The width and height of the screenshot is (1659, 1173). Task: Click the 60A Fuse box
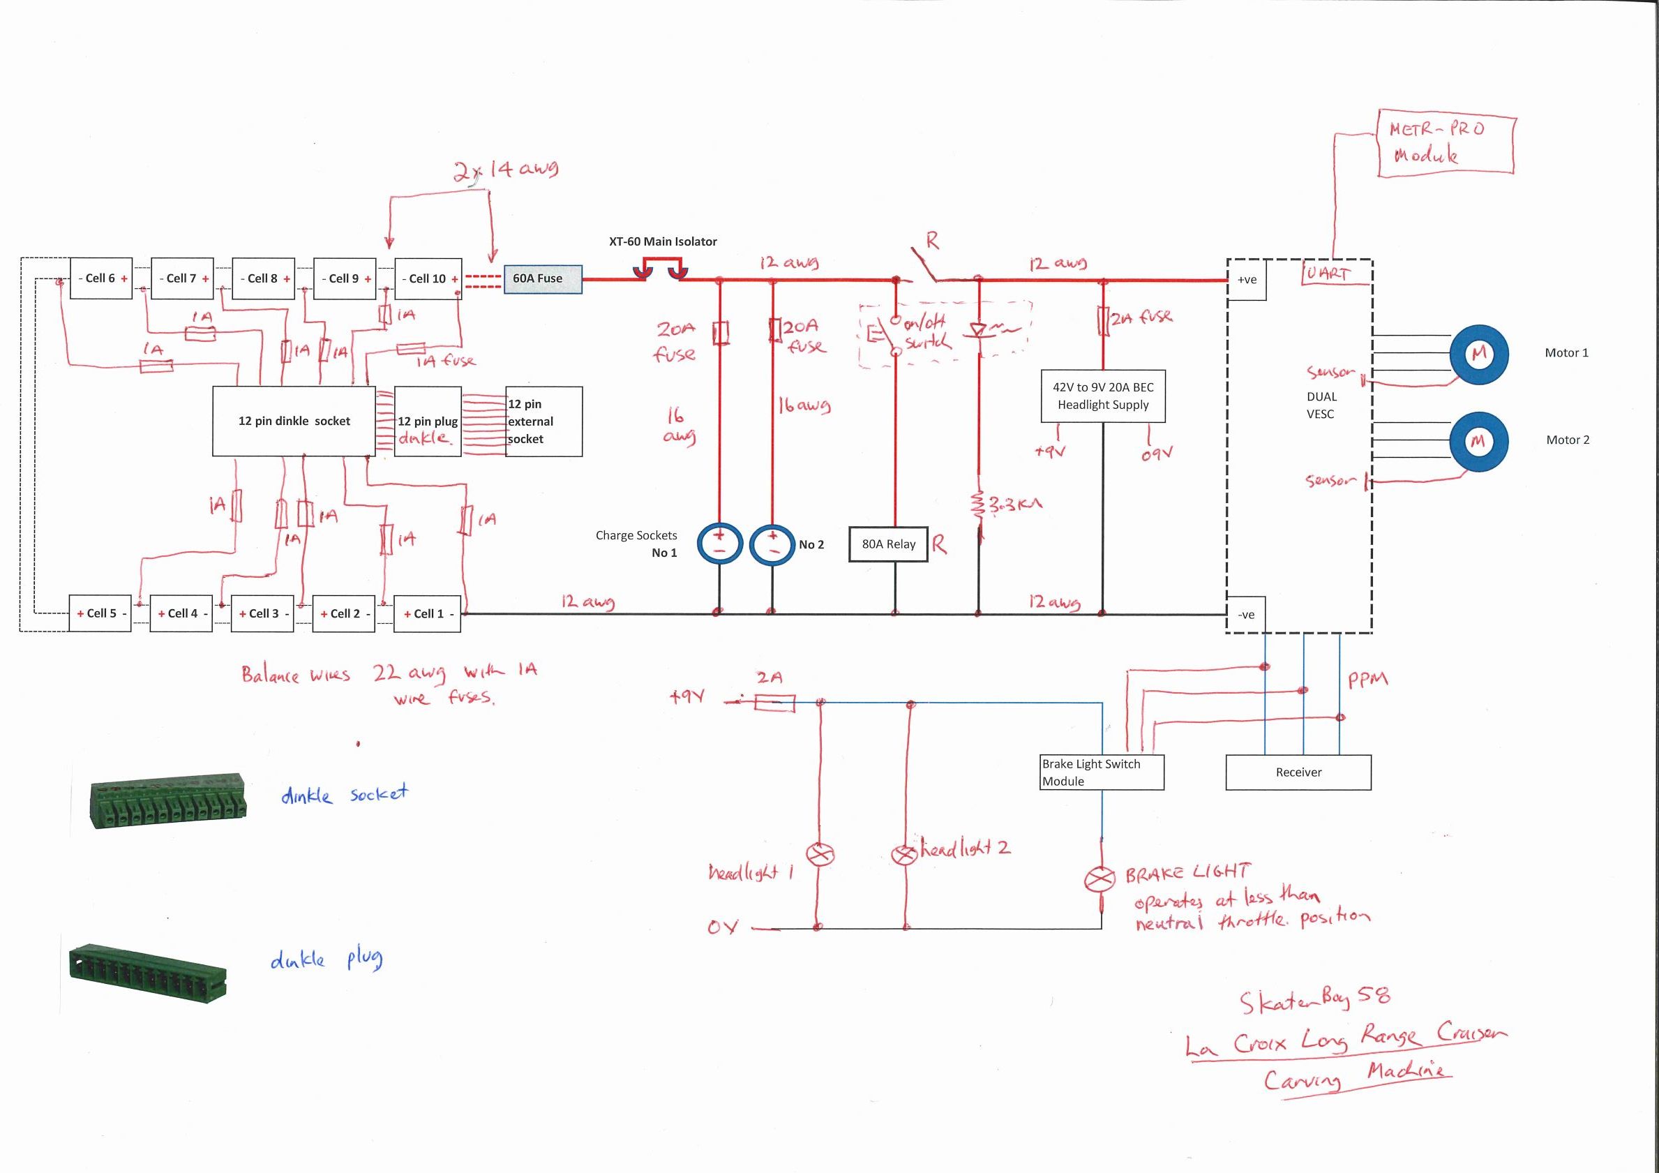click(542, 278)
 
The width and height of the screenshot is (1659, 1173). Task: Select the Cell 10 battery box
click(428, 278)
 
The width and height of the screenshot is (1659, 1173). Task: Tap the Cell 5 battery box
click(100, 613)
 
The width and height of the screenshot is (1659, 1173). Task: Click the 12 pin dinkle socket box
click(293, 421)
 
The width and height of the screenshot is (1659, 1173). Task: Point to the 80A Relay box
click(888, 544)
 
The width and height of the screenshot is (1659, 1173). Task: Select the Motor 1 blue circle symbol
click(1479, 353)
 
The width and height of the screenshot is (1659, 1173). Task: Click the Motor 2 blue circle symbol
click(1478, 441)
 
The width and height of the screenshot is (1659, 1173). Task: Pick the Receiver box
click(1298, 772)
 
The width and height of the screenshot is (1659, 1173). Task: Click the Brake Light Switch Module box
click(1101, 772)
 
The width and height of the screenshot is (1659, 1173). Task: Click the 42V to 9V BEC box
click(1102, 396)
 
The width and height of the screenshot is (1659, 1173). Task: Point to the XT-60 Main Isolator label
click(663, 241)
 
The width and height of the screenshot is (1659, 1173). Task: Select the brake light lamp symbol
click(1100, 879)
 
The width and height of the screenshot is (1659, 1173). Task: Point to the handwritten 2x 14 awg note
click(505, 170)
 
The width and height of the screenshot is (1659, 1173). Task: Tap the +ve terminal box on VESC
click(1247, 280)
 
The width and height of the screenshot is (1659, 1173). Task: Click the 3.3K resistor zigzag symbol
click(977, 504)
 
